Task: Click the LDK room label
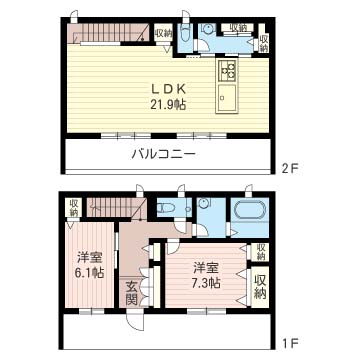click(168, 89)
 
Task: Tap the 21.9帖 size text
click(168, 105)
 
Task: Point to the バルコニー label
click(163, 154)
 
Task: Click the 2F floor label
click(289, 169)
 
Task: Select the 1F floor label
click(289, 342)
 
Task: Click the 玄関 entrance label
click(132, 294)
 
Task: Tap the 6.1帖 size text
click(90, 273)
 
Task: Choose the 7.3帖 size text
click(206, 283)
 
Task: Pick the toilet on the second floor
click(185, 35)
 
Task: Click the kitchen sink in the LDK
click(227, 98)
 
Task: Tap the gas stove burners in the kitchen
click(227, 70)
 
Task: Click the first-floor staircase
click(117, 207)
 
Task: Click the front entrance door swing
click(134, 321)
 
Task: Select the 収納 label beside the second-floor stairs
click(163, 33)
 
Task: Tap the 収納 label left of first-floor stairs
click(74, 207)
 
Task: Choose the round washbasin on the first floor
click(203, 204)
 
